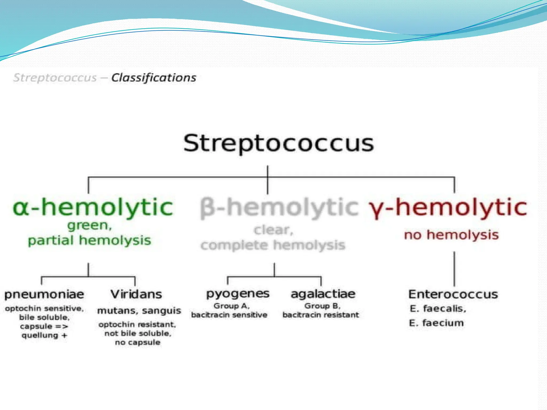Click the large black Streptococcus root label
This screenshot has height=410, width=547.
point(278,143)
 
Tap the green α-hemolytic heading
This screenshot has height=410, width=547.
point(93,207)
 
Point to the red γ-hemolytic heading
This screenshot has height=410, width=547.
point(448,207)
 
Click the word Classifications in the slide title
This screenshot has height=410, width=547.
point(154,78)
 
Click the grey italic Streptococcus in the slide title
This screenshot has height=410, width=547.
point(55,78)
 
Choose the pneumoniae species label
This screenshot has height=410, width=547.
point(44,294)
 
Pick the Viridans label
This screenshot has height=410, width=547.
point(136,294)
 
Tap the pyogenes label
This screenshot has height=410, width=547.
point(238,294)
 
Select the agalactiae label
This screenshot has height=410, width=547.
point(323,294)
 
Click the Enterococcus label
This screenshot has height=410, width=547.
point(453,294)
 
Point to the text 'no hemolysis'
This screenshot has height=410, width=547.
point(451,235)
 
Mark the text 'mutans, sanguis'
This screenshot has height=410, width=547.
point(139,311)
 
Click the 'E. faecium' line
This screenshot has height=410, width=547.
point(436,323)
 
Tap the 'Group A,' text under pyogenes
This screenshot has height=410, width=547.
point(232,306)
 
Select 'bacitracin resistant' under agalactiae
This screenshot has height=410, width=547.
point(321,315)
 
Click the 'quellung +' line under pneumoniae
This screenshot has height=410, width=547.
point(44,335)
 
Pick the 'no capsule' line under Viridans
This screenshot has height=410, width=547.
point(138,342)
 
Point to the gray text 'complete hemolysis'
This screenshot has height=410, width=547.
point(273,245)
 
